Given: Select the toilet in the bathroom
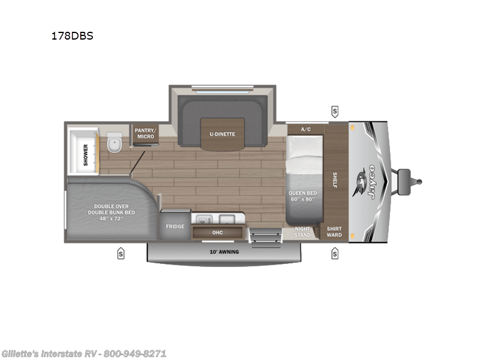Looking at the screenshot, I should coord(114,145).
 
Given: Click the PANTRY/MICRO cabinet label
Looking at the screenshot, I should coord(145,133).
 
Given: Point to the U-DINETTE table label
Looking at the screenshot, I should coord(222,134).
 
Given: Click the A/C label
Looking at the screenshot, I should coord(305,129).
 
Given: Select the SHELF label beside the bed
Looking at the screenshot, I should coord(335,181).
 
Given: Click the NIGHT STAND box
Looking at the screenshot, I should coord(302,232).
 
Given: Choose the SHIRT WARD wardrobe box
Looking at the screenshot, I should coord(334,232).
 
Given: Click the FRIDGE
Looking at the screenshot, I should coord(175,227).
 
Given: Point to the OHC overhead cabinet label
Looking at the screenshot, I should coord(218,232).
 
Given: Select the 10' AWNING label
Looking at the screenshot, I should coord(224,251).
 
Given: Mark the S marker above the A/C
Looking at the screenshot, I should coord(334,111).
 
